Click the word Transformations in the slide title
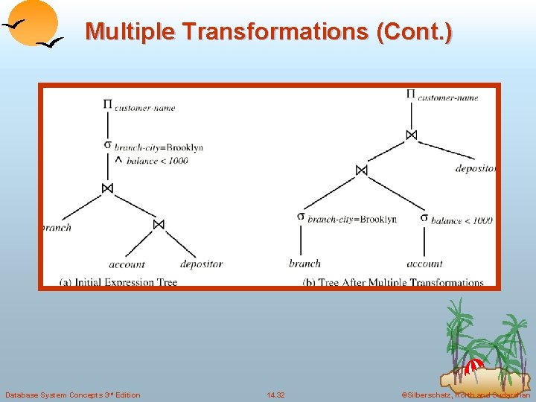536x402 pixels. [276, 31]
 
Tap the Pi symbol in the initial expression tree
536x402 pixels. [107, 104]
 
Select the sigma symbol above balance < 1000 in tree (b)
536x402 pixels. [424, 217]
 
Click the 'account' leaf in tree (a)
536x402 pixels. [127, 264]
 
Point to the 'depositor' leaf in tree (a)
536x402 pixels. [201, 264]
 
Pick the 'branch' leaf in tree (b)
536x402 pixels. [305, 263]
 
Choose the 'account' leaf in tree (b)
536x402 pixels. [424, 263]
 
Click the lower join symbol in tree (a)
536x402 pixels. [158, 224]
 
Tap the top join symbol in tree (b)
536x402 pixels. [411, 135]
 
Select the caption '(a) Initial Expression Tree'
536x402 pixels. [118, 282]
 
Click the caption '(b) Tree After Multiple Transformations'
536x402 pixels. [394, 282]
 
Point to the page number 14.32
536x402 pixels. [275, 395]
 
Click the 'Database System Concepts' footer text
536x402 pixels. [72, 395]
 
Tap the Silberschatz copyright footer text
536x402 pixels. [465, 395]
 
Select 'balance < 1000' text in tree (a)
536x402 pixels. [157, 160]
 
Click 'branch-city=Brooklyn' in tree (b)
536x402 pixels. [351, 219]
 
